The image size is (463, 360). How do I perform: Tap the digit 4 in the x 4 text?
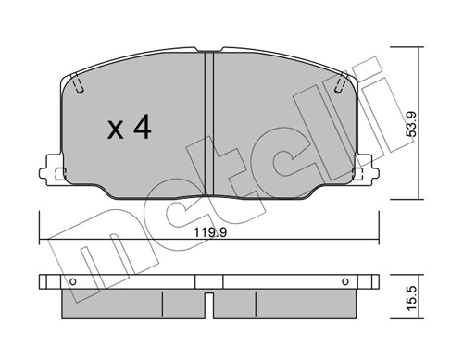(x=142, y=129)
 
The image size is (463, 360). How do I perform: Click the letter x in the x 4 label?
(x=116, y=130)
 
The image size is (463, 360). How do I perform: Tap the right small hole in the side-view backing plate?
(x=344, y=281)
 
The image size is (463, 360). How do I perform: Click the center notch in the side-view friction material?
(x=209, y=300)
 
